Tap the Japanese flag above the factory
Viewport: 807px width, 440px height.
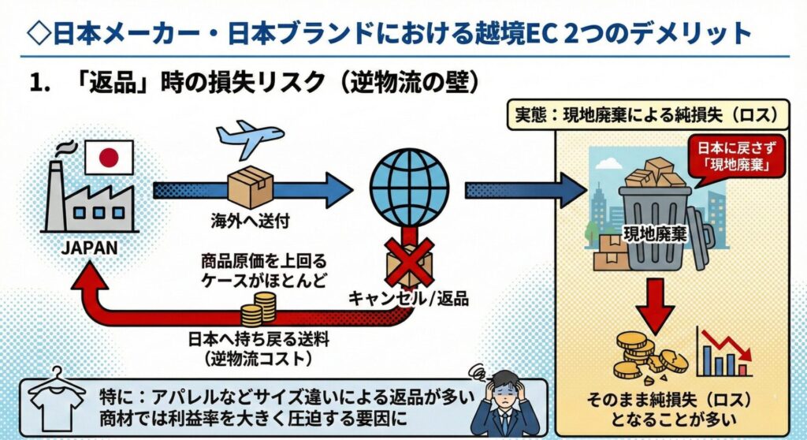pos(109,158)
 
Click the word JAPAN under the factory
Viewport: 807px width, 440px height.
pos(90,248)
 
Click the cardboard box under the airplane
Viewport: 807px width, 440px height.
pos(250,188)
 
